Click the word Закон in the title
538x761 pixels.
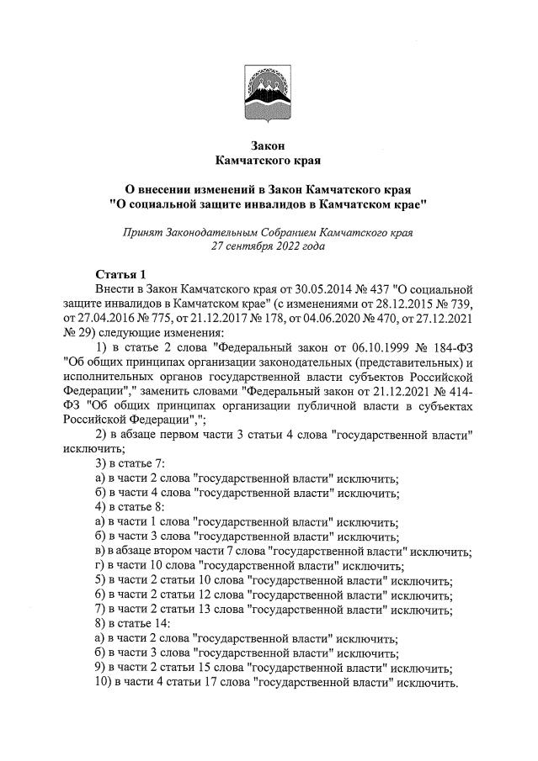click(269, 146)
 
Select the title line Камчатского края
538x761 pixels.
click(269, 160)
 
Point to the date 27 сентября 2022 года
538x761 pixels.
click(269, 245)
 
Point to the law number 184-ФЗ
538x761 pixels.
click(449, 347)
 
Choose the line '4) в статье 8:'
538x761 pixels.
click(129, 507)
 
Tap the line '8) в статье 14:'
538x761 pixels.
click(133, 624)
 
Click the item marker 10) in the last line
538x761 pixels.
click(104, 682)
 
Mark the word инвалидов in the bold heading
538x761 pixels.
click(289, 203)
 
